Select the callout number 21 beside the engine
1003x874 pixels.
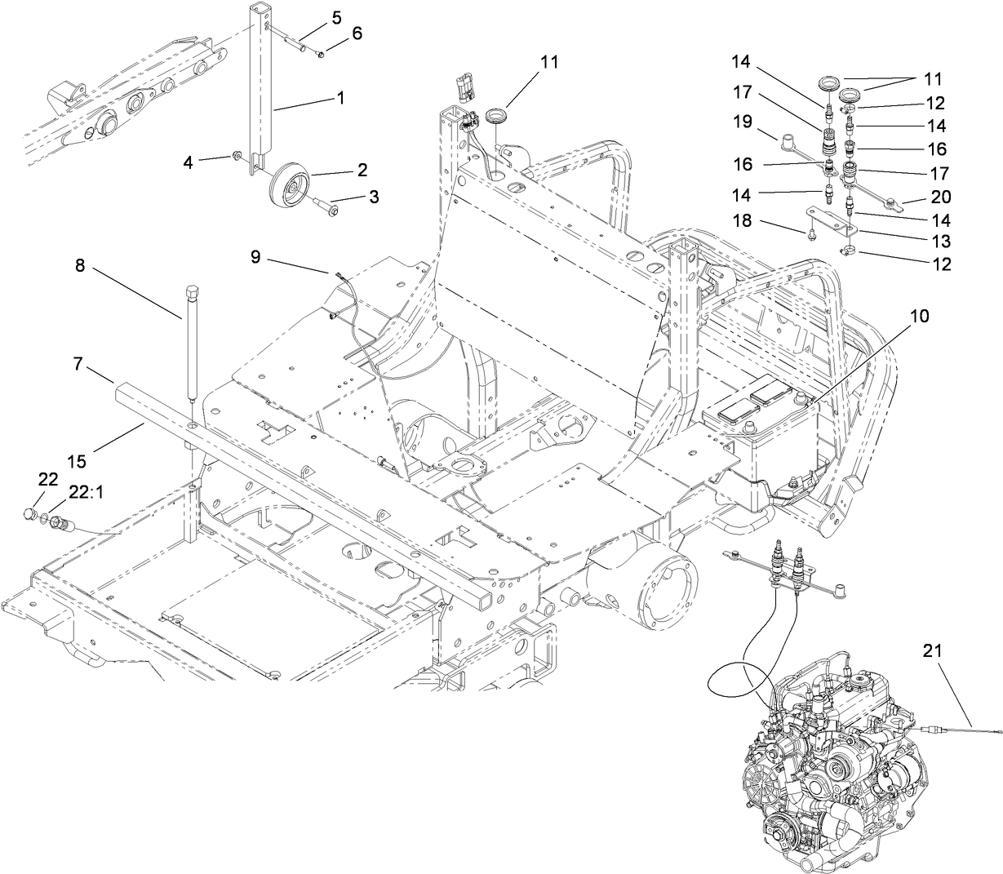(x=933, y=650)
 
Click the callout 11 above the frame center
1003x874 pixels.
(x=549, y=62)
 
